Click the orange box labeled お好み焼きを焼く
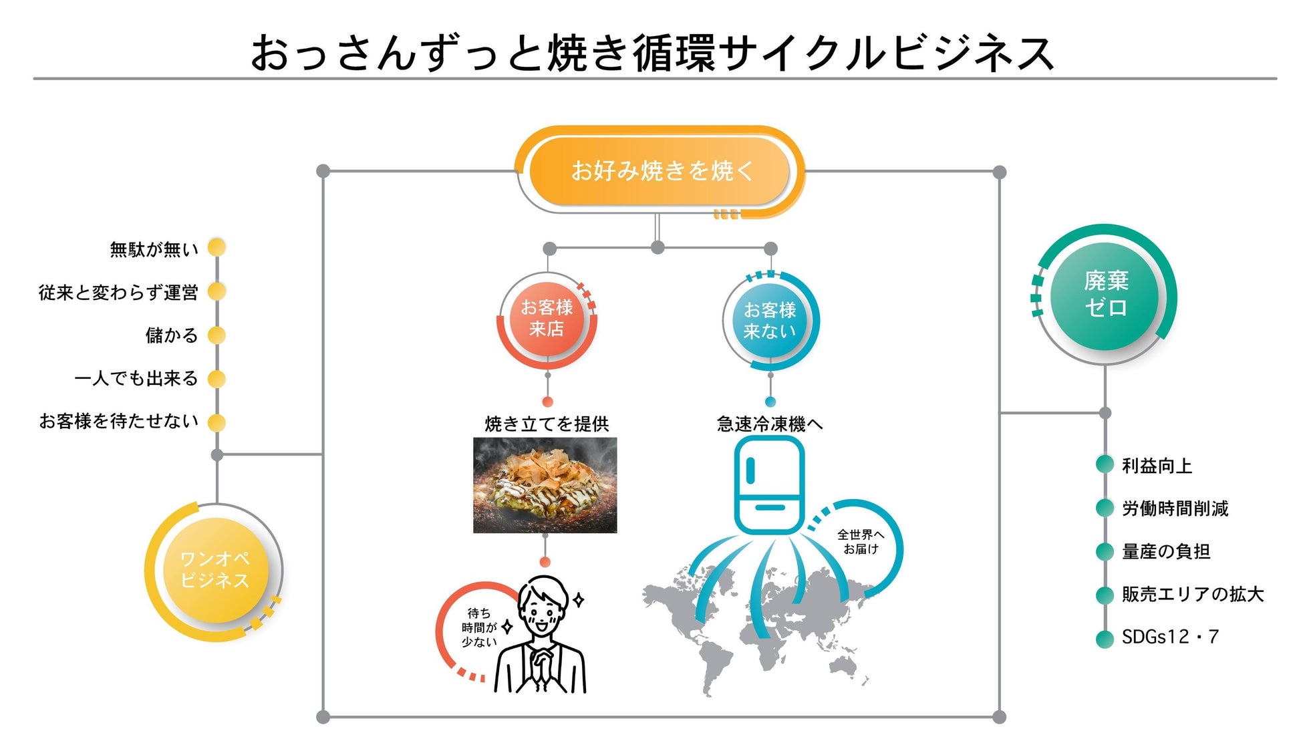pyautogui.click(x=661, y=171)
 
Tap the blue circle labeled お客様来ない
pyautogui.click(x=770, y=321)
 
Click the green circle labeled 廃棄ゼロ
pyautogui.click(x=1106, y=295)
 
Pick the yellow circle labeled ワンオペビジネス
pyautogui.click(x=215, y=570)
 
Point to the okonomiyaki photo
pyautogui.click(x=545, y=485)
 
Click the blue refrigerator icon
pyautogui.click(x=768, y=484)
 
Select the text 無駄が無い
pyautogui.click(x=154, y=249)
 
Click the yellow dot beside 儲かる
pyautogui.click(x=216, y=335)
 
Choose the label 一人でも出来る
pyautogui.click(x=136, y=378)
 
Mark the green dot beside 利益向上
pyautogui.click(x=1105, y=465)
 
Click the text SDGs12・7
pyautogui.click(x=1170, y=637)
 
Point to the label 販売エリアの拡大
pyautogui.click(x=1193, y=594)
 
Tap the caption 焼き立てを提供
pyautogui.click(x=547, y=424)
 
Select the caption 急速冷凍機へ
pyautogui.click(x=770, y=424)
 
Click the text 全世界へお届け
pyautogui.click(x=860, y=542)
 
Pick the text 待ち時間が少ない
pyautogui.click(x=479, y=627)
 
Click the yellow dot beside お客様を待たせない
pyautogui.click(x=216, y=422)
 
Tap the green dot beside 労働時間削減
pyautogui.click(x=1105, y=508)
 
